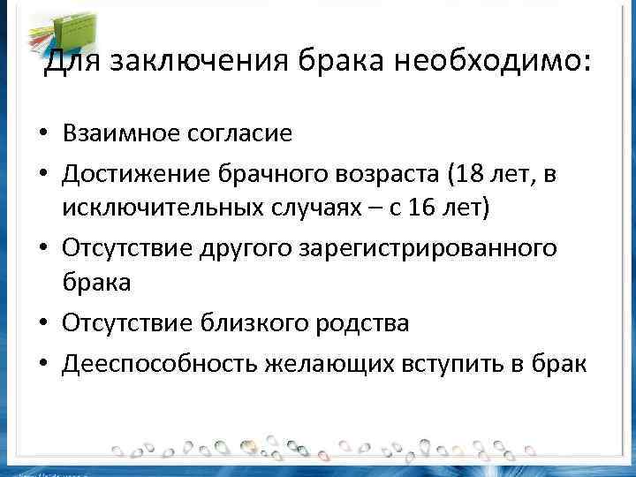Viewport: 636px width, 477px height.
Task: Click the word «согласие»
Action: pos(238,133)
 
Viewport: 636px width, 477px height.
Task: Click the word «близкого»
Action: pos(260,323)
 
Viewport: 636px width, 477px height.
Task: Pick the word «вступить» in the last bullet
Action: pos(459,362)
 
